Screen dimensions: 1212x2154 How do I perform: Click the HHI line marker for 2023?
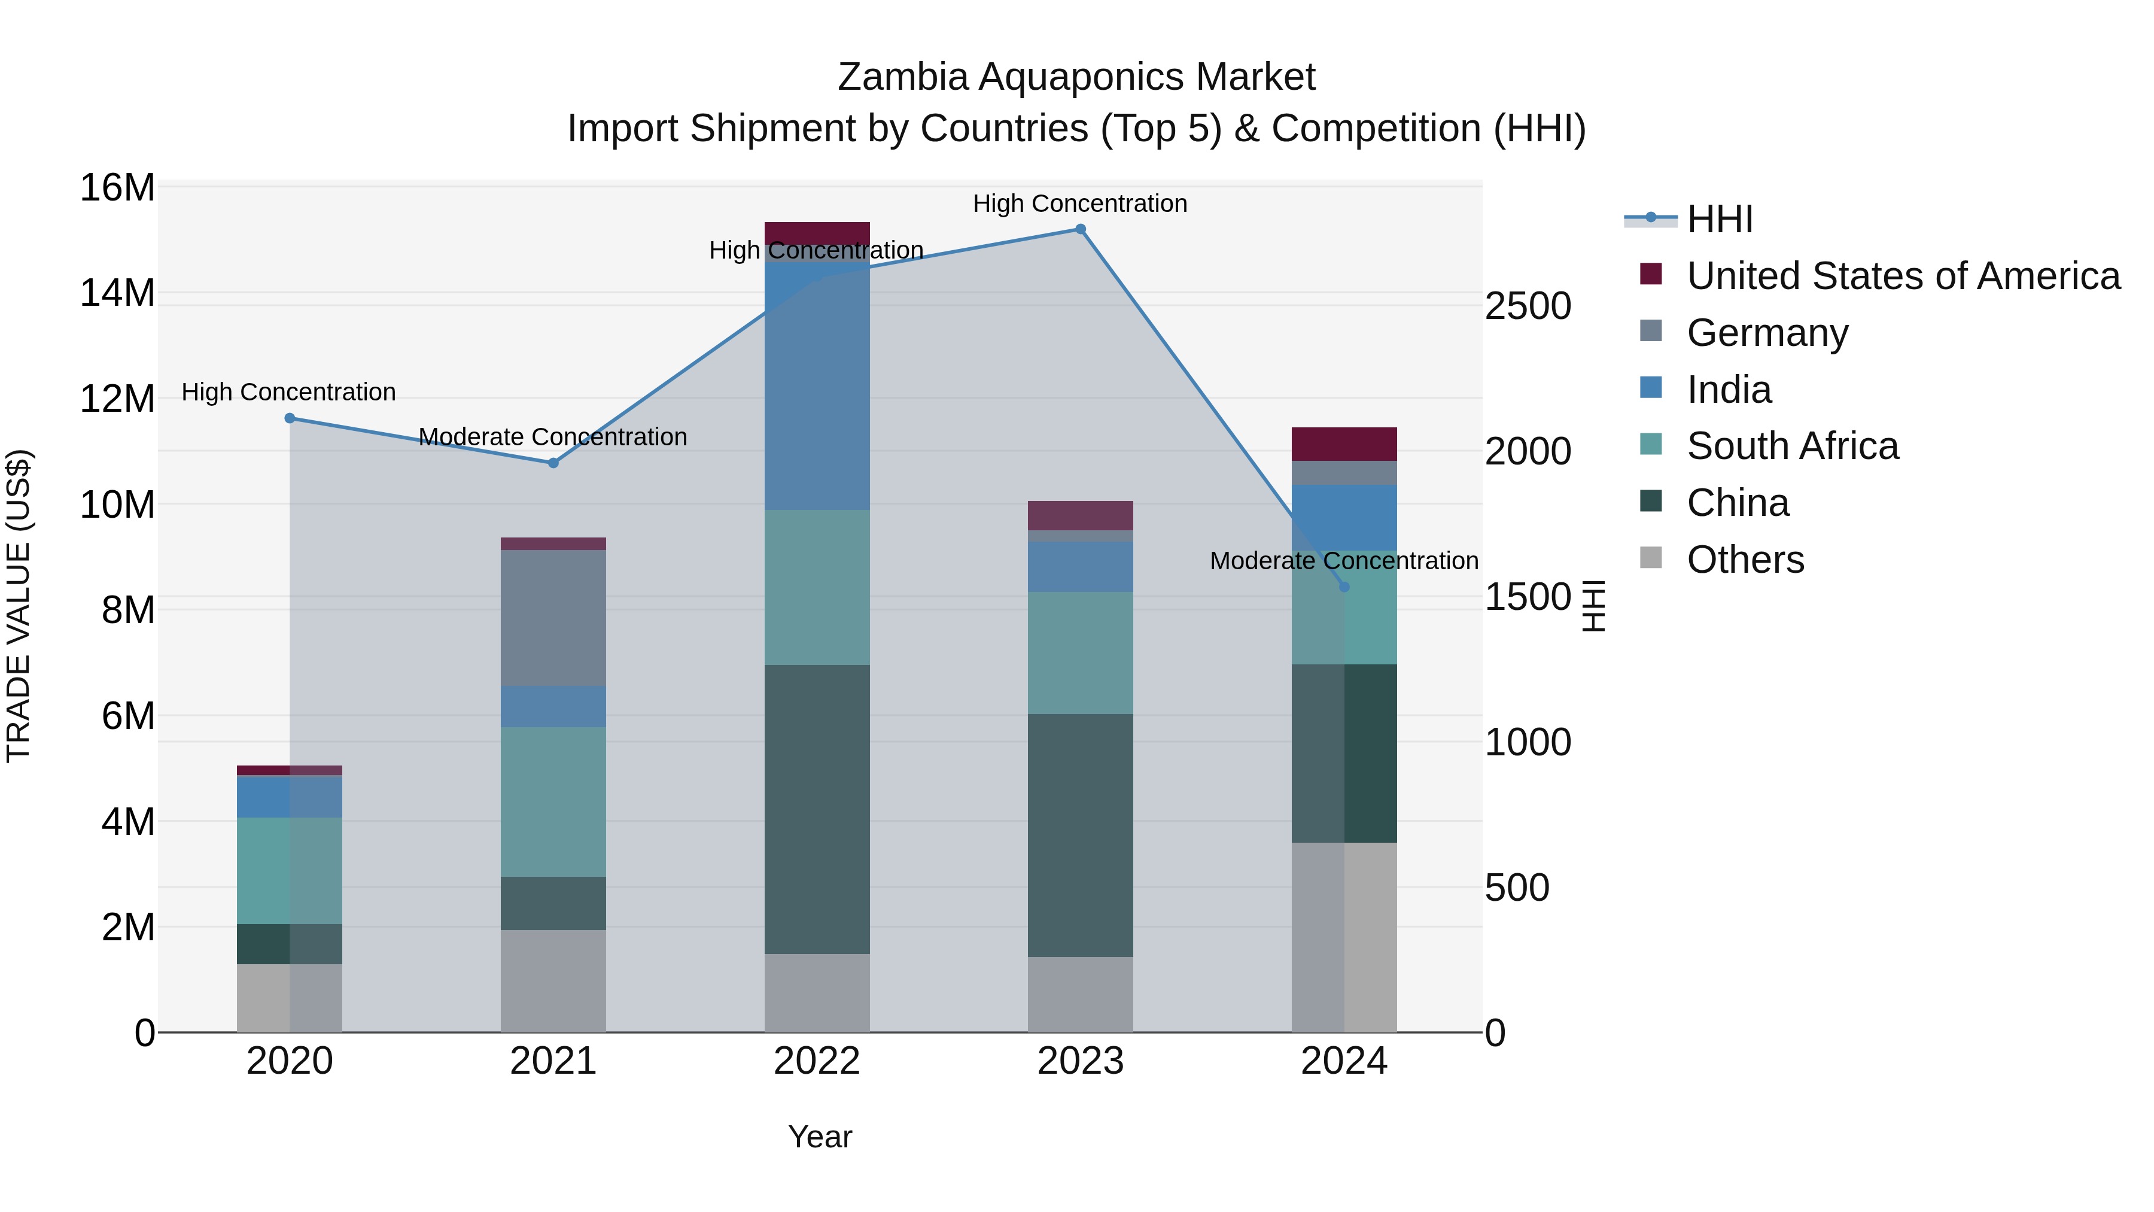pyautogui.click(x=1081, y=229)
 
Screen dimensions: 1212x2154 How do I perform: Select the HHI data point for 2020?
pyautogui.click(x=290, y=418)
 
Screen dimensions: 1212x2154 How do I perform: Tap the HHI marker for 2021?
pyautogui.click(x=553, y=463)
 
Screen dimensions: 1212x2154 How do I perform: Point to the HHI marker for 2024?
pyautogui.click(x=1344, y=587)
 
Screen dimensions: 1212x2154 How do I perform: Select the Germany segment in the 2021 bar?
pyautogui.click(x=553, y=618)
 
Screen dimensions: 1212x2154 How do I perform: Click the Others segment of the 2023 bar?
pyautogui.click(x=1081, y=995)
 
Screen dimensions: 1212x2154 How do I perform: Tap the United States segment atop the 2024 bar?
pyautogui.click(x=1344, y=444)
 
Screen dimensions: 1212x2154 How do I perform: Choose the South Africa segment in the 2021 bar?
pyautogui.click(x=553, y=801)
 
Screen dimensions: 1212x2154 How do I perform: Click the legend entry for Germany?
pyautogui.click(x=1767, y=333)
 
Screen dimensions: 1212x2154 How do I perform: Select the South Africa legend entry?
pyautogui.click(x=1793, y=446)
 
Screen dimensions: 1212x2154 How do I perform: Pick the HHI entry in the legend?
pyautogui.click(x=1719, y=219)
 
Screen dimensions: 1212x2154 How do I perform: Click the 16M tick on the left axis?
pyautogui.click(x=117, y=187)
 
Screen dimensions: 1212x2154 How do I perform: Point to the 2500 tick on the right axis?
pyautogui.click(x=1528, y=306)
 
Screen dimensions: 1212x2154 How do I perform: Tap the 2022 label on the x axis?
pyautogui.click(x=817, y=1061)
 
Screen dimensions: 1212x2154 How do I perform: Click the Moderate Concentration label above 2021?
pyautogui.click(x=553, y=437)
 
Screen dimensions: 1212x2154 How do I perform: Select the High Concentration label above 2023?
pyautogui.click(x=1081, y=203)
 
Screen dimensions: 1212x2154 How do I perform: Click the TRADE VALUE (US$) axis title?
pyautogui.click(x=19, y=606)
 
